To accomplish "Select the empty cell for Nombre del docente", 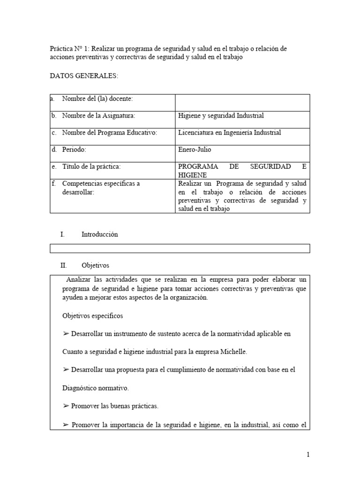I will [x=242, y=102].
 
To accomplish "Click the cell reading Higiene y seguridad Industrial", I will [x=221, y=115].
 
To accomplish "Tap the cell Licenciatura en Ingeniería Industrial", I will [x=230, y=133].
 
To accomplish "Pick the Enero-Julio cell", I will [x=195, y=150].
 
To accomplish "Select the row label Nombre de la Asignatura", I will [x=98, y=115].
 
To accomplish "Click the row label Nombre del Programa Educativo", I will [x=109, y=133].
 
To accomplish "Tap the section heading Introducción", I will [x=99, y=234].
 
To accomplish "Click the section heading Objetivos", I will [x=95, y=265].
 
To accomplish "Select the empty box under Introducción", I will [x=180, y=248].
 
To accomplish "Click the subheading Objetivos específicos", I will [x=92, y=316].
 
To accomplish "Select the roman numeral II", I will [x=64, y=265].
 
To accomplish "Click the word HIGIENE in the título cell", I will [x=192, y=175].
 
